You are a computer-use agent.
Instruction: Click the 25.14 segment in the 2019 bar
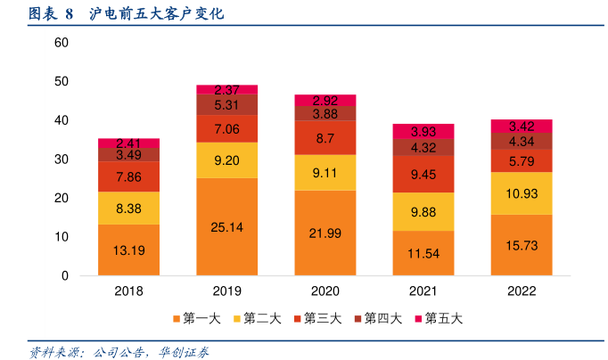(x=227, y=227)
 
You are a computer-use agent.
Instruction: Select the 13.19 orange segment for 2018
(x=129, y=250)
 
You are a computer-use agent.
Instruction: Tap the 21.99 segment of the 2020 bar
(x=325, y=233)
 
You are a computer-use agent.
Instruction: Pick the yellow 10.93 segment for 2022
(x=522, y=193)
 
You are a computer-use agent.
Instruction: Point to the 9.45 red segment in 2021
(x=423, y=175)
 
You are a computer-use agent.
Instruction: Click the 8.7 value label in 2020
(x=325, y=139)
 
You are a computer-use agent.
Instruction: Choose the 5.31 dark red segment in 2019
(x=227, y=105)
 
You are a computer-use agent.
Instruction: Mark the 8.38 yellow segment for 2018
(x=129, y=209)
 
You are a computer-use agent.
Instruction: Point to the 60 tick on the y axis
(x=62, y=43)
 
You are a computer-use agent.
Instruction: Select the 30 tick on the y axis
(x=62, y=160)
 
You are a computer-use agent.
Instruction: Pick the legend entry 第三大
(x=316, y=318)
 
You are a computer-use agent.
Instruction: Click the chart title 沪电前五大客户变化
(x=157, y=14)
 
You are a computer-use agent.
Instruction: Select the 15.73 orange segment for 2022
(x=522, y=245)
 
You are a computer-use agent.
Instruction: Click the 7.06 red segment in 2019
(x=227, y=129)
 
